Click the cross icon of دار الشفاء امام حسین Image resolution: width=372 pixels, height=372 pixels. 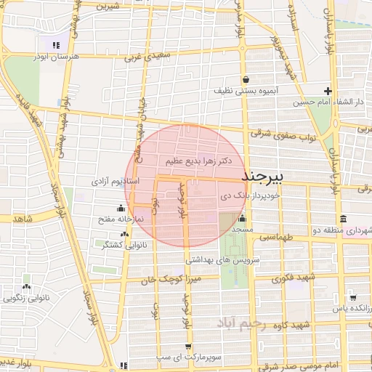pyautogui.click(x=328, y=92)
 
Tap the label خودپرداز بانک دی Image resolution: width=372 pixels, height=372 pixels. pyautogui.click(x=247, y=196)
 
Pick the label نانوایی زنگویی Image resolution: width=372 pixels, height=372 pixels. pyautogui.click(x=27, y=298)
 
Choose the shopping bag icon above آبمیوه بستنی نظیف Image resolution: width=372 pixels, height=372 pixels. pyautogui.click(x=247, y=79)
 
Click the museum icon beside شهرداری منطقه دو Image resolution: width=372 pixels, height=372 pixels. pyautogui.click(x=343, y=219)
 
